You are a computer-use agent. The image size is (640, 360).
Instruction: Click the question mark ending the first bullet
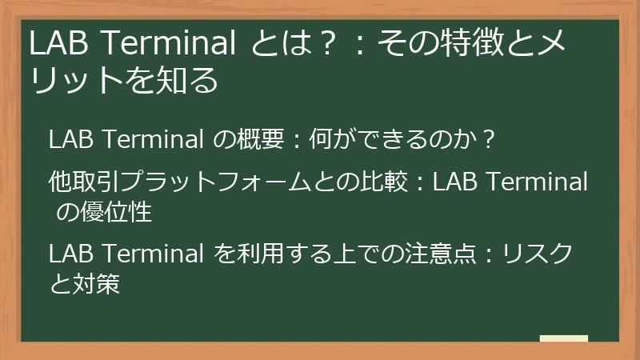[x=490, y=141]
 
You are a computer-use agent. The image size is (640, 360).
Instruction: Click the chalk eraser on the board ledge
[x=563, y=338]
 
